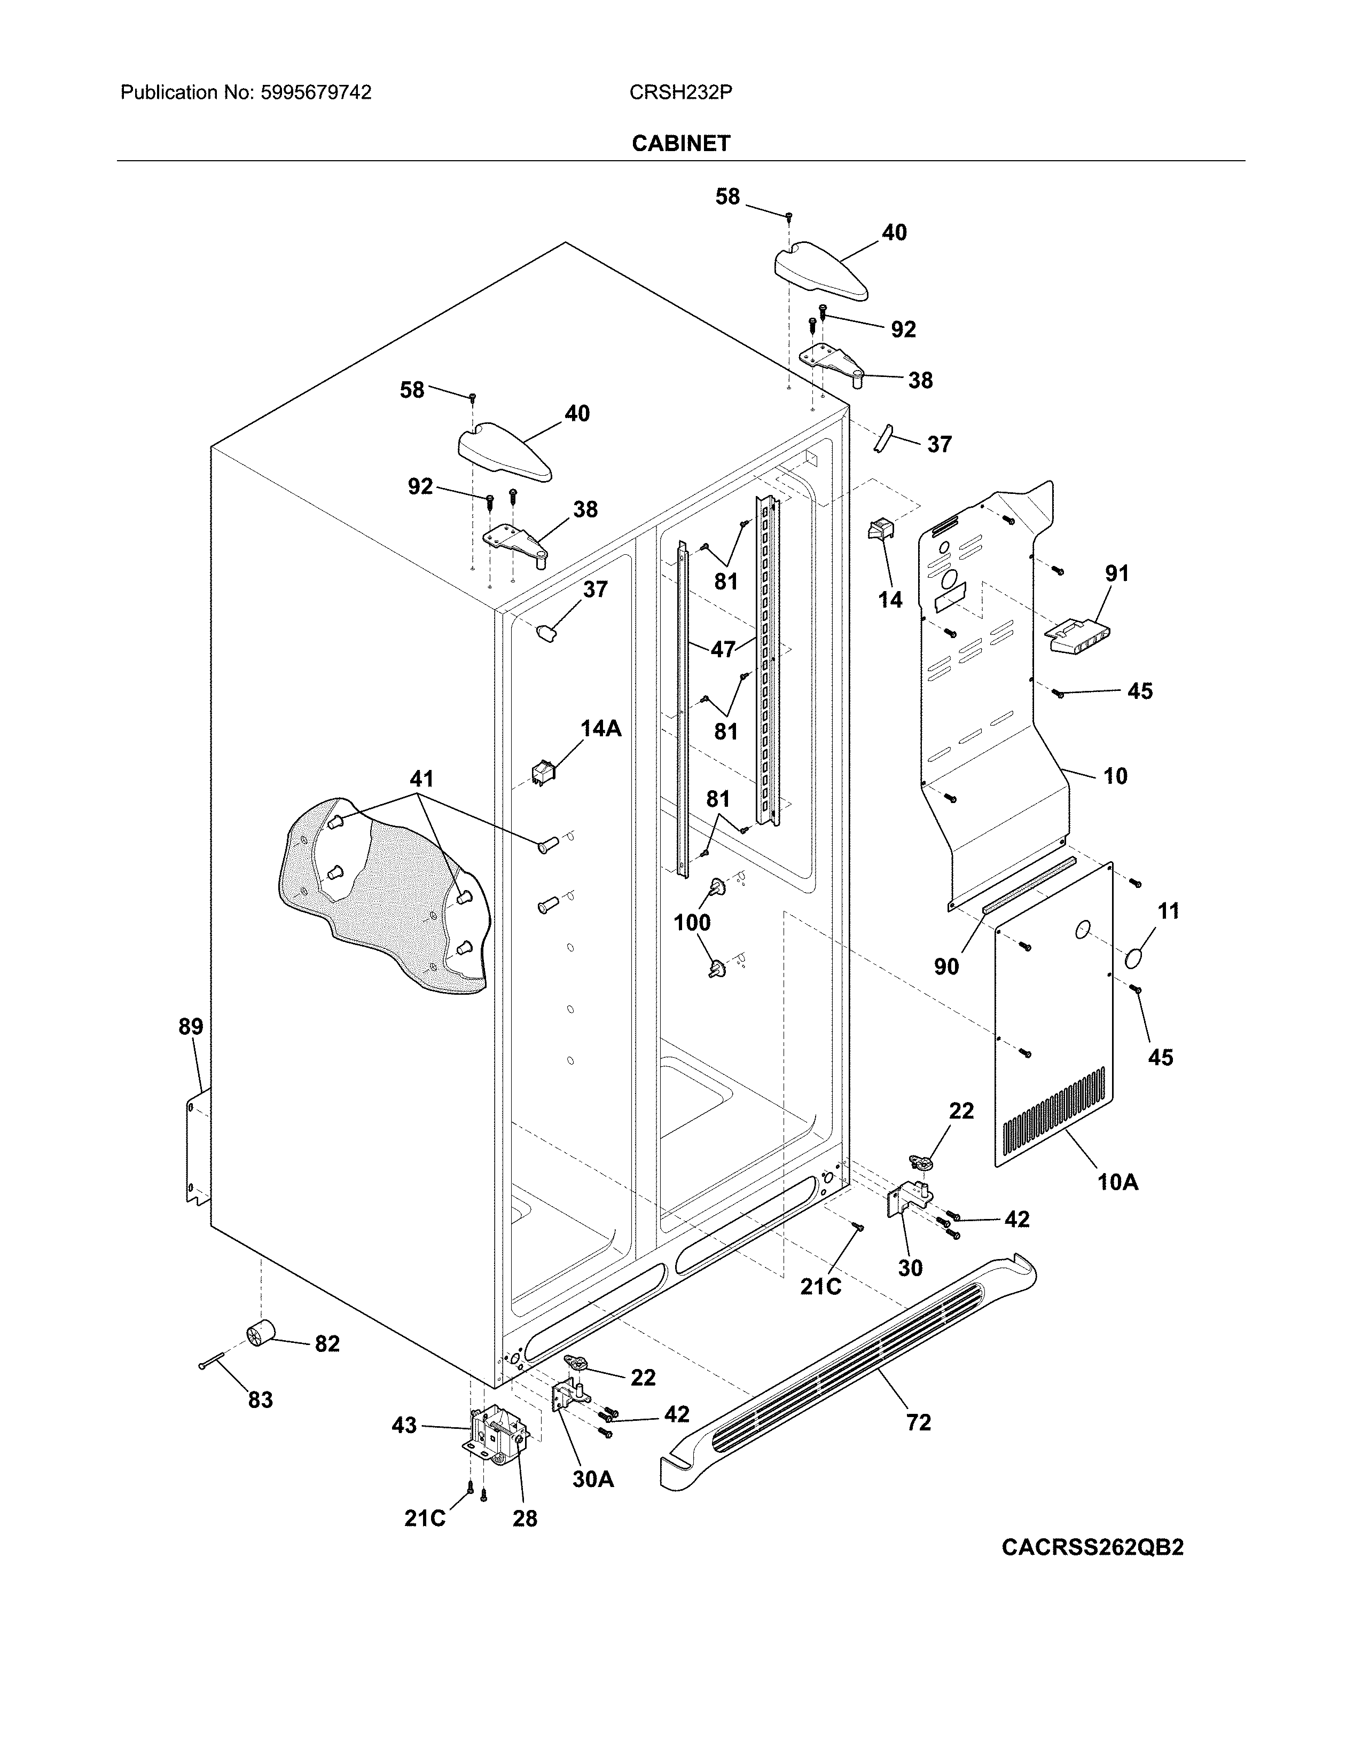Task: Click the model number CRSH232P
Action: tap(680, 93)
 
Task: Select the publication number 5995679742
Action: tap(316, 93)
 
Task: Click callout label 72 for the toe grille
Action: tap(918, 1422)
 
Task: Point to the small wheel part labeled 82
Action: tap(260, 1335)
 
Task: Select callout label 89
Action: tap(191, 1027)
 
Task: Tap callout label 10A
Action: tap(1117, 1182)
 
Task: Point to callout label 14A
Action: tap(601, 728)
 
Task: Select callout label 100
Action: tap(692, 922)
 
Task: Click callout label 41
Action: tap(421, 780)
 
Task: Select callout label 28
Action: tap(525, 1519)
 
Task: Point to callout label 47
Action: tap(723, 649)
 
